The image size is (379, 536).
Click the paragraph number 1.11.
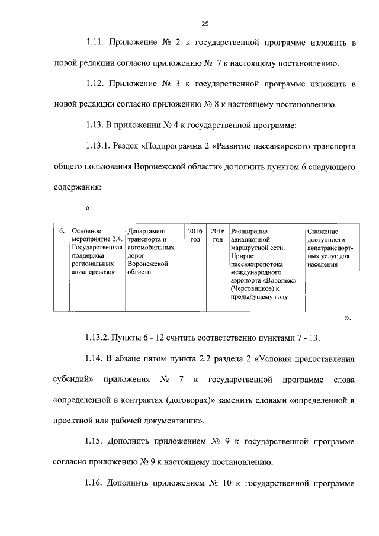point(95,43)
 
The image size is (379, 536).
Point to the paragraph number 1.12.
point(95,85)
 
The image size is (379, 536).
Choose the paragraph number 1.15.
point(95,442)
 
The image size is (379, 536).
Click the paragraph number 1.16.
point(95,483)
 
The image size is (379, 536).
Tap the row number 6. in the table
point(60,231)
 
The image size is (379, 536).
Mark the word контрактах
point(128,400)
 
